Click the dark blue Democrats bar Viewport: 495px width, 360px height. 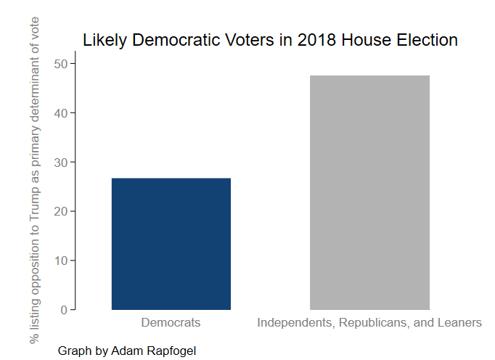pos(171,244)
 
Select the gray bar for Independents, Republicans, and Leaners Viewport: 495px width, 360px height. pos(369,192)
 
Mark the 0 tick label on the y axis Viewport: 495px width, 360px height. pos(65,310)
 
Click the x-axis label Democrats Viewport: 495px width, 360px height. pos(171,322)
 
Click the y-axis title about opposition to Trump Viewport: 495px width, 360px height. pos(34,178)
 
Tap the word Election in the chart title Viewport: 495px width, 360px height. pos(427,40)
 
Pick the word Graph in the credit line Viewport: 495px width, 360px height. pos(74,351)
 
